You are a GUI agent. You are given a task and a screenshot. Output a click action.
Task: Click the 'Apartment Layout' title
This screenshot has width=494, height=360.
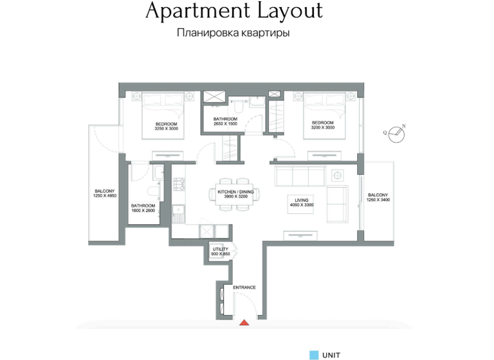tap(234, 11)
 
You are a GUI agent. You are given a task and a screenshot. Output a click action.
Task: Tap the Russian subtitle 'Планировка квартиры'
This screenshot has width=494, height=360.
tap(232, 33)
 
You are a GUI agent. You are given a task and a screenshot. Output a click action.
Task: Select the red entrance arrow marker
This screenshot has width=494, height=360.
tap(244, 323)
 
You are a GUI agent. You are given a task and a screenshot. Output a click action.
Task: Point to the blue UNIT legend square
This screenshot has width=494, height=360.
tap(314, 354)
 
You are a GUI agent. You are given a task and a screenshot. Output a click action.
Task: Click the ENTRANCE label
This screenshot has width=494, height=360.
tap(244, 287)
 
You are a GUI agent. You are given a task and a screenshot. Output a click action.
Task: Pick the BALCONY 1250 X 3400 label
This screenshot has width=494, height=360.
tap(378, 197)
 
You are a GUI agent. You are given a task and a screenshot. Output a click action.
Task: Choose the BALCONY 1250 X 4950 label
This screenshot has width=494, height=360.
tap(104, 194)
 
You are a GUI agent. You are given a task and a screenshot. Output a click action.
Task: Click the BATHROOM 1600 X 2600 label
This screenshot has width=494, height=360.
tap(143, 208)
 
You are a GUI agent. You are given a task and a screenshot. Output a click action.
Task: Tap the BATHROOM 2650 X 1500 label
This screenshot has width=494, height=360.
tap(226, 122)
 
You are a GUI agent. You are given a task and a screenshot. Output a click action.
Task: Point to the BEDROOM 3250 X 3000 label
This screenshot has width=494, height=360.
tap(166, 126)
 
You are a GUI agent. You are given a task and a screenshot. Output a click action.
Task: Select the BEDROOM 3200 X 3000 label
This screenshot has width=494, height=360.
tap(322, 125)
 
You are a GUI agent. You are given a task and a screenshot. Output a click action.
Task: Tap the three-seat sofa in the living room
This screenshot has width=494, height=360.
tap(300, 174)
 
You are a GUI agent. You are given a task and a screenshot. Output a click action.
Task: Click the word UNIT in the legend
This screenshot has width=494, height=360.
tap(331, 354)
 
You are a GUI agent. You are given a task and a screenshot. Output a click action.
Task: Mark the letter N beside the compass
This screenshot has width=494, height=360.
tap(404, 126)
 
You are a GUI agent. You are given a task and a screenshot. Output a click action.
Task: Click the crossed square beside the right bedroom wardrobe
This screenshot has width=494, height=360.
tap(275, 94)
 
